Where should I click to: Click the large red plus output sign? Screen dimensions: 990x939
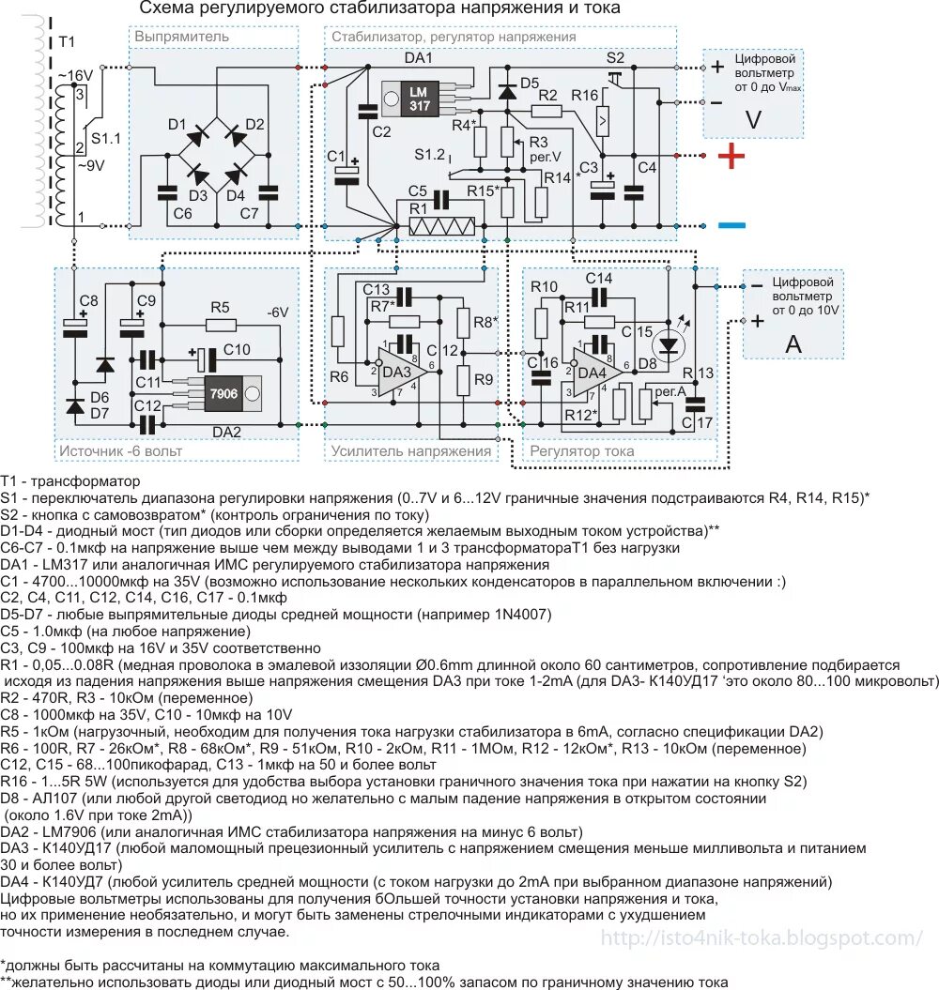coord(731,157)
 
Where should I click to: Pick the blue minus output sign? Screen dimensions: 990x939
coord(731,225)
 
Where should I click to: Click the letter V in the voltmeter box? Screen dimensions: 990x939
coord(752,119)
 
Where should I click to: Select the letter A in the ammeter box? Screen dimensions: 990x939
coord(793,343)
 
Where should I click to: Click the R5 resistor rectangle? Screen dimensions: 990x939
coord(220,326)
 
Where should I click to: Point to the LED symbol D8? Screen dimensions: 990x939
coord(669,345)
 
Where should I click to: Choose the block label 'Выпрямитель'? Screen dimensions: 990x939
coord(182,37)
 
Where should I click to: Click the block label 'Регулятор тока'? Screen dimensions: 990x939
coord(582,451)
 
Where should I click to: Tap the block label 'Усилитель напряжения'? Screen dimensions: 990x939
coord(411,451)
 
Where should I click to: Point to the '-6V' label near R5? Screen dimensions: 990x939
coord(279,312)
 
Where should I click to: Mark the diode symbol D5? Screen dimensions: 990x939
coord(508,91)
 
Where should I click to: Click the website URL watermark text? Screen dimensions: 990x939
coord(762,938)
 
